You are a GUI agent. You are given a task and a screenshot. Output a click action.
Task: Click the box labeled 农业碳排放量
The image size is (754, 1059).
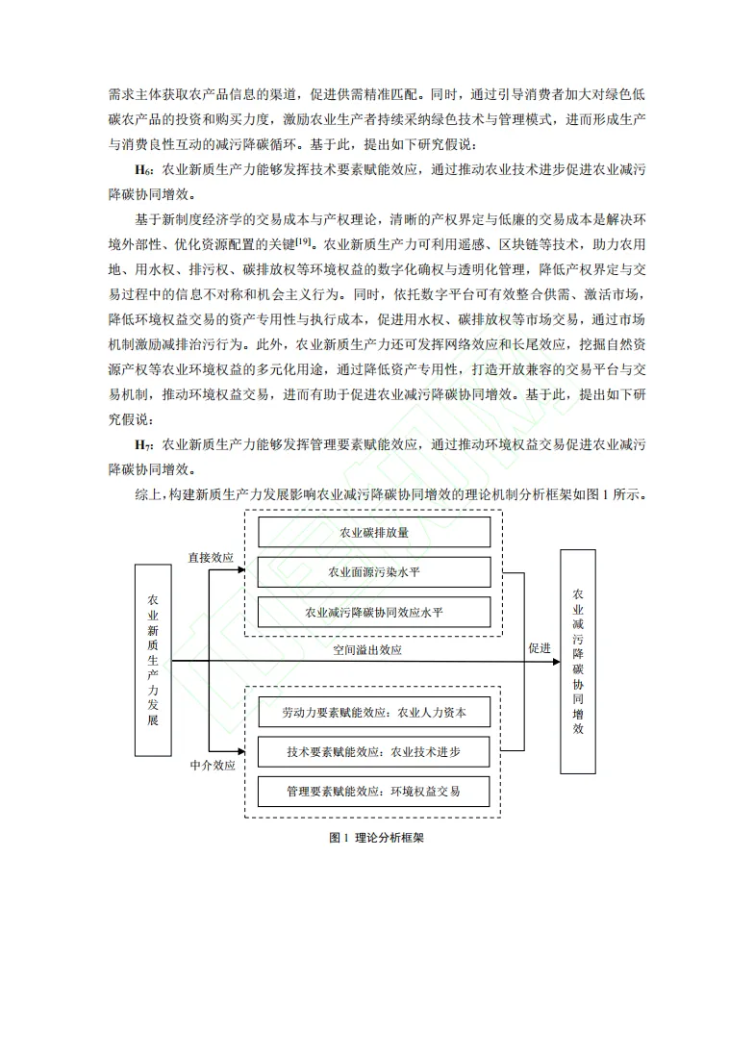coord(374,531)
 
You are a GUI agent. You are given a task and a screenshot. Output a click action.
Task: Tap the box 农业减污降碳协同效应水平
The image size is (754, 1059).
coord(374,612)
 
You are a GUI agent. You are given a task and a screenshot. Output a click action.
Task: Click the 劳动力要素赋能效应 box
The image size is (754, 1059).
coord(374,712)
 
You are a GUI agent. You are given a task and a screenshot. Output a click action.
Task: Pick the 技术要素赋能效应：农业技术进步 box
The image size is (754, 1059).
coord(374,751)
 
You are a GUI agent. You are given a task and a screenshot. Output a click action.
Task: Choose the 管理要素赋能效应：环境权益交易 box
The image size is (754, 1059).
coord(374,791)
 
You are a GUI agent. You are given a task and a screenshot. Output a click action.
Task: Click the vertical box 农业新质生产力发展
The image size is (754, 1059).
coord(153,660)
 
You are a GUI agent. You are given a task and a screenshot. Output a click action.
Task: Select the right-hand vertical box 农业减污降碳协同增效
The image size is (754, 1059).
coord(578,662)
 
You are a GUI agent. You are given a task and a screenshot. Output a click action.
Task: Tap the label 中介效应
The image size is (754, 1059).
coord(211,766)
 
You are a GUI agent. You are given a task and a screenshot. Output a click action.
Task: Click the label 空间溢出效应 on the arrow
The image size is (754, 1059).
coord(367,650)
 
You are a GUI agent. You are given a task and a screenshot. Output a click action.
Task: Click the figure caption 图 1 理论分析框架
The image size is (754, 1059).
coord(376,838)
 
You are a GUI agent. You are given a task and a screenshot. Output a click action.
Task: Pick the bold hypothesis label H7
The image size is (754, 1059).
coord(141,445)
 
